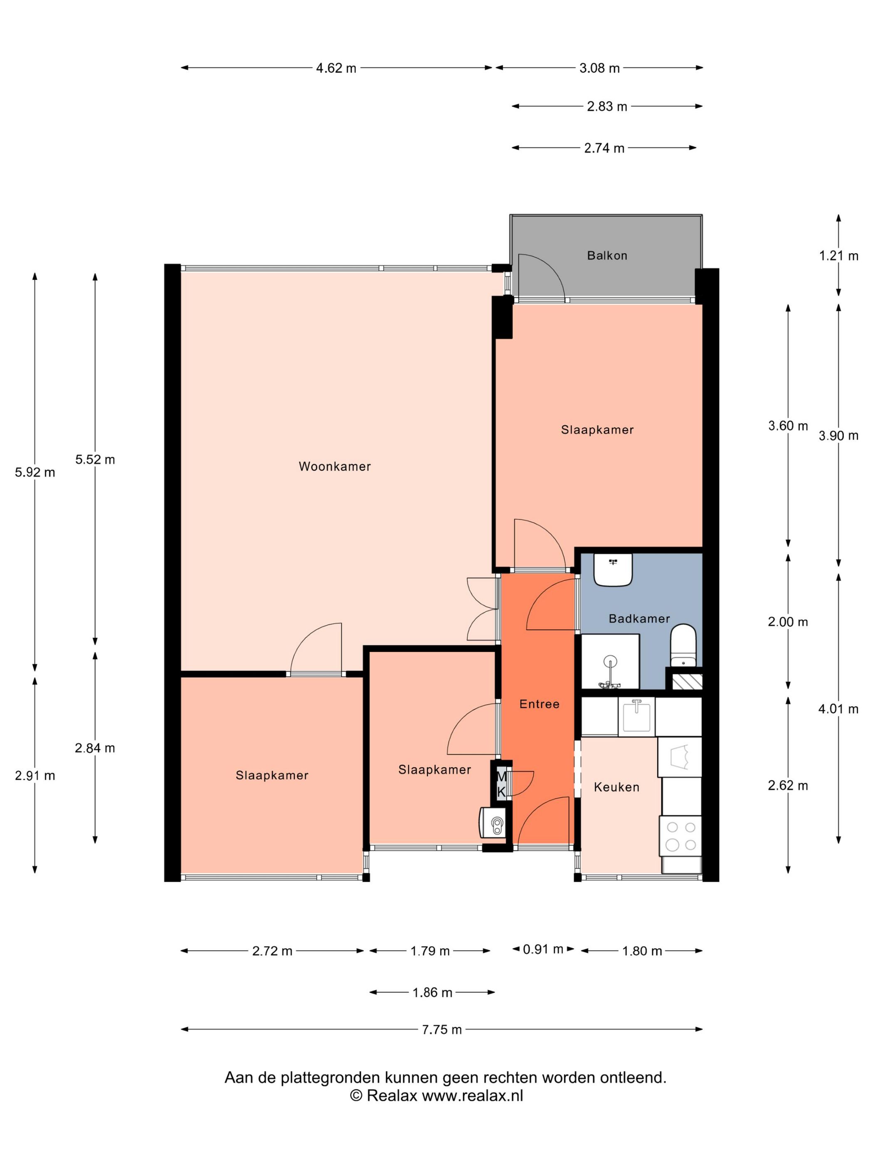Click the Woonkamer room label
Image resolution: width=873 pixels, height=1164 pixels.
pyautogui.click(x=335, y=466)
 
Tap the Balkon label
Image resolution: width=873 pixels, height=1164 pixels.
pyautogui.click(x=607, y=255)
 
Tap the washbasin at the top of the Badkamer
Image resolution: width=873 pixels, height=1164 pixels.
pyautogui.click(x=613, y=570)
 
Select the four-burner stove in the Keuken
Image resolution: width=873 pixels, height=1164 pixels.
pyautogui.click(x=681, y=837)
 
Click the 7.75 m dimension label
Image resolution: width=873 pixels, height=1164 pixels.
pyautogui.click(x=441, y=1029)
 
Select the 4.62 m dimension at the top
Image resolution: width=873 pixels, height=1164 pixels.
pyautogui.click(x=336, y=68)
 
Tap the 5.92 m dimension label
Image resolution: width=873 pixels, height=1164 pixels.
pyautogui.click(x=35, y=472)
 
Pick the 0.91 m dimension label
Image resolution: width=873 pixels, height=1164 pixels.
pyautogui.click(x=543, y=949)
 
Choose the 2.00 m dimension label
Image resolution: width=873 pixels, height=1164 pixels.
pyautogui.click(x=788, y=621)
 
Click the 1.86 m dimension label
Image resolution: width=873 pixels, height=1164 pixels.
pyautogui.click(x=432, y=992)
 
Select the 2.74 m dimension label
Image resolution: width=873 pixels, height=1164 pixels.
pyautogui.click(x=604, y=148)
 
